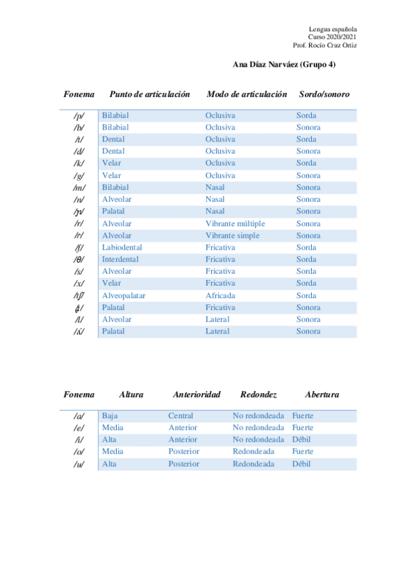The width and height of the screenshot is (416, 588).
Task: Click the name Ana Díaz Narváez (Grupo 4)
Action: pyautogui.click(x=284, y=65)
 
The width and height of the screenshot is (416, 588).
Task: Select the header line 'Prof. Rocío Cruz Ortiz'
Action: pyautogui.click(x=325, y=45)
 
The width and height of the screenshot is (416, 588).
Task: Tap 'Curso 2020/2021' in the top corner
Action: pyautogui.click(x=333, y=37)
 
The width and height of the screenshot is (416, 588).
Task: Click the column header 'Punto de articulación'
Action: pyautogui.click(x=149, y=94)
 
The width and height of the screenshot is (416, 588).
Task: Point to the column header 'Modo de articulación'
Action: pyautogui.click(x=247, y=94)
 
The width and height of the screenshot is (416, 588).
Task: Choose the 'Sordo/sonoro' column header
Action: pyautogui.click(x=324, y=94)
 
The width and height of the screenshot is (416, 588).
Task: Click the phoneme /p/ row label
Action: pyautogui.click(x=78, y=116)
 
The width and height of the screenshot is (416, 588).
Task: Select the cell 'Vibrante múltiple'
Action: pyautogui.click(x=235, y=224)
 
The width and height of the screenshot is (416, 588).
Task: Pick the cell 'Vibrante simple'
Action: pyautogui.click(x=232, y=236)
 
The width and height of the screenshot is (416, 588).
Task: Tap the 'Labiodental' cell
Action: pyautogui.click(x=122, y=248)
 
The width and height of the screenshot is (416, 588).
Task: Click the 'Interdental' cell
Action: pyautogui.click(x=120, y=259)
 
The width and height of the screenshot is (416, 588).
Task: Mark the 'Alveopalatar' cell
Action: pyautogui.click(x=124, y=295)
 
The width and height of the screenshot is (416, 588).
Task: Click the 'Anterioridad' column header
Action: pyautogui.click(x=197, y=395)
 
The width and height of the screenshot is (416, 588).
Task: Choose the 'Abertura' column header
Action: pyautogui.click(x=322, y=395)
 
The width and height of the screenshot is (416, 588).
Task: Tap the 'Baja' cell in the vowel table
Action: pyautogui.click(x=110, y=416)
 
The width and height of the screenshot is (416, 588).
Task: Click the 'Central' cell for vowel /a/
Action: pyautogui.click(x=181, y=416)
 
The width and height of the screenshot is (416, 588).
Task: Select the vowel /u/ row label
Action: pyautogui.click(x=78, y=465)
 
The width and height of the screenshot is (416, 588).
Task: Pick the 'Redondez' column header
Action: pyautogui.click(x=258, y=395)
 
